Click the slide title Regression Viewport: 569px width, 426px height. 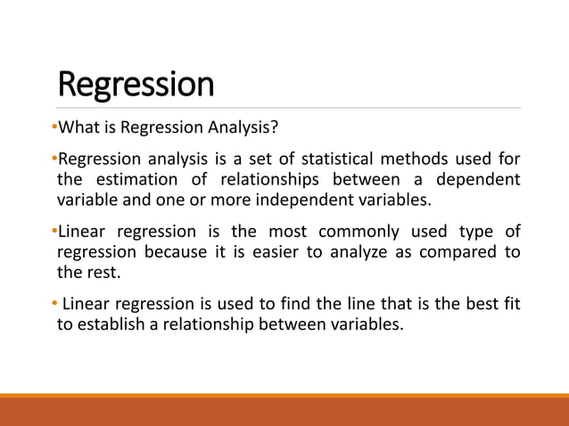click(136, 85)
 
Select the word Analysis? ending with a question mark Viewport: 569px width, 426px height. click(248, 127)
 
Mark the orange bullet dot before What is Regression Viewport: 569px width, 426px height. click(54, 127)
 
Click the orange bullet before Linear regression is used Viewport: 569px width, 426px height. click(54, 304)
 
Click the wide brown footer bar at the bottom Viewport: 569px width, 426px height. click(284, 412)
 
